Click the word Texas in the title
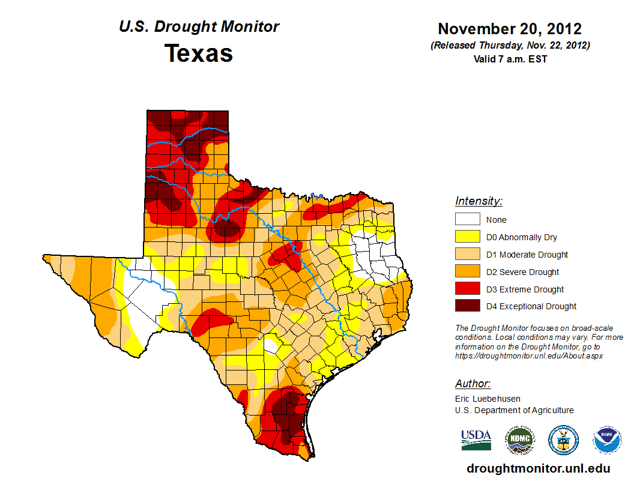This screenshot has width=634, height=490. point(199,53)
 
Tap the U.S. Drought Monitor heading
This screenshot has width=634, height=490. point(199,27)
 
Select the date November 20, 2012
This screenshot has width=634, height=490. point(510,29)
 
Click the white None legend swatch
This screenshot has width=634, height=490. point(467,219)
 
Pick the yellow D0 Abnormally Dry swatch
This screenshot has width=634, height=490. point(467,237)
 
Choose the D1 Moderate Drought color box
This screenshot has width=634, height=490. point(467,254)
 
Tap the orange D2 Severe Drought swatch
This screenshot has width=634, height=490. point(467,271)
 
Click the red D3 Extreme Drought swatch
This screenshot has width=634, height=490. point(467,289)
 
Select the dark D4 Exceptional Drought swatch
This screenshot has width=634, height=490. point(467,306)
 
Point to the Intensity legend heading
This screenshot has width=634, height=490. point(479,201)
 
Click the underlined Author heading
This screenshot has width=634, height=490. point(472,384)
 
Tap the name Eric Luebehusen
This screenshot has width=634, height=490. point(488,399)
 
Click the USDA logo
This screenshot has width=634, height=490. point(476,440)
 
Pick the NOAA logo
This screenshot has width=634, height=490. point(607,441)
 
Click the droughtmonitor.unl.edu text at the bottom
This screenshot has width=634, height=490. point(538,468)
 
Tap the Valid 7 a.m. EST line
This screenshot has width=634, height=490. point(510,59)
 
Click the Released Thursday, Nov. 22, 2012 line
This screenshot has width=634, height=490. point(510,46)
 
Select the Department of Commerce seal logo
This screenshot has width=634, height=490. point(563,441)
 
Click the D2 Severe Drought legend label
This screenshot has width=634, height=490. point(522,272)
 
